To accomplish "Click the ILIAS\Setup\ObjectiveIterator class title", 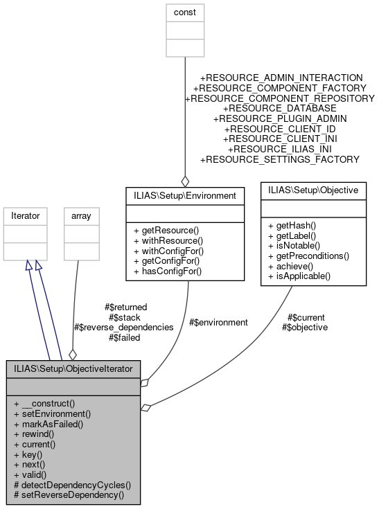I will click(x=72, y=368).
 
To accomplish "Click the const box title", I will click(x=184, y=12).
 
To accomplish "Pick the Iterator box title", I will click(x=26, y=216).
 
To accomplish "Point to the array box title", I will click(x=77, y=216).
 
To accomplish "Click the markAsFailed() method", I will click(x=48, y=423).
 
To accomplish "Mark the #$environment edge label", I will click(x=218, y=322).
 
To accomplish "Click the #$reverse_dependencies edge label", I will click(x=123, y=327).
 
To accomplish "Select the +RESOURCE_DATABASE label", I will click(x=279, y=108).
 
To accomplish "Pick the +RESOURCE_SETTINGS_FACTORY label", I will click(x=279, y=159).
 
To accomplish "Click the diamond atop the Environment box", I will click(x=185, y=181).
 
